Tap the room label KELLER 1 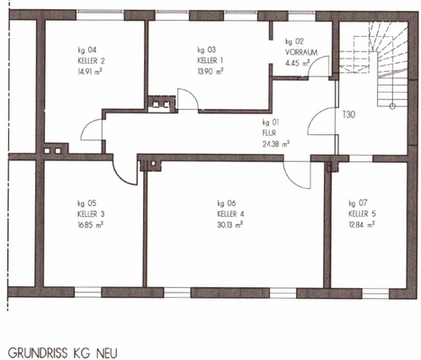pos(208,59)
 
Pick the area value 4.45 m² pos(296,63)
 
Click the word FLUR pos(269,132)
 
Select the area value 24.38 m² pos(275,143)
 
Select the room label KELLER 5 pos(363,213)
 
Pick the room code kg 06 pos(226,202)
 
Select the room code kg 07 pos(357,202)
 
